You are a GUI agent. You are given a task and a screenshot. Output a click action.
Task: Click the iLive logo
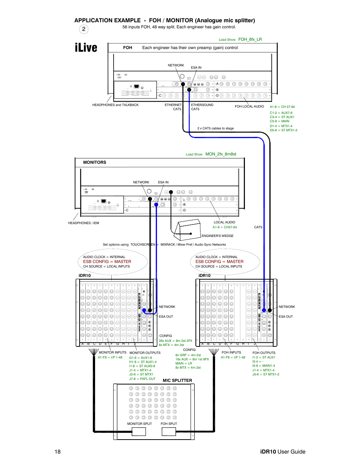click(86, 48)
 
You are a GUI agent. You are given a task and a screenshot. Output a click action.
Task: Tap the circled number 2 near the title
click(84, 29)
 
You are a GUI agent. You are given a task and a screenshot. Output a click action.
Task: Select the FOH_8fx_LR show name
click(250, 39)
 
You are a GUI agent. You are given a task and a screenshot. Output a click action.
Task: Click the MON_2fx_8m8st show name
click(221, 154)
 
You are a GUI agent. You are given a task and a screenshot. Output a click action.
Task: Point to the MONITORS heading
click(94, 162)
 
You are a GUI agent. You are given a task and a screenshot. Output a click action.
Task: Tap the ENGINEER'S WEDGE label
click(217, 236)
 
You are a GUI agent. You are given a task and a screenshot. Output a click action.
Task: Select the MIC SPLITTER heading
click(177, 380)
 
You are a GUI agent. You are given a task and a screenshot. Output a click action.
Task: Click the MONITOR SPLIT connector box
click(139, 432)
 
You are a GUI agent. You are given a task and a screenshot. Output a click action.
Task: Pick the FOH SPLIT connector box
click(169, 432)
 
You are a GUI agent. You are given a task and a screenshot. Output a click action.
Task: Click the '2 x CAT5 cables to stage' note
click(215, 128)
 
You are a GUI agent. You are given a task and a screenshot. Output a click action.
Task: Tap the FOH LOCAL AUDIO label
click(249, 106)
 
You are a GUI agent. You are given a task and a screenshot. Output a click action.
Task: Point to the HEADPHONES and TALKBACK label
click(115, 105)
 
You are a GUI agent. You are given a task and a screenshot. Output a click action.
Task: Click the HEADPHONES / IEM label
click(83, 223)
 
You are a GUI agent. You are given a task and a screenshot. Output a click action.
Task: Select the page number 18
click(57, 452)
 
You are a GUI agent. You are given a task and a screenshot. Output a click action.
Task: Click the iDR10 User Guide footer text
click(283, 452)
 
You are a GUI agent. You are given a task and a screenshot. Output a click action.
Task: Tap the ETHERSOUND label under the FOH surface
click(202, 105)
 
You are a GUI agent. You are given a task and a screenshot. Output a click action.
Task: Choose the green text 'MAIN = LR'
click(183, 363)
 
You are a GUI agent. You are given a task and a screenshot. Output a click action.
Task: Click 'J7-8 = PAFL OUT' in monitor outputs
click(142, 379)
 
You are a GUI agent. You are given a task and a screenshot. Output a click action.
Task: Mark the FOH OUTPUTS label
click(264, 353)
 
